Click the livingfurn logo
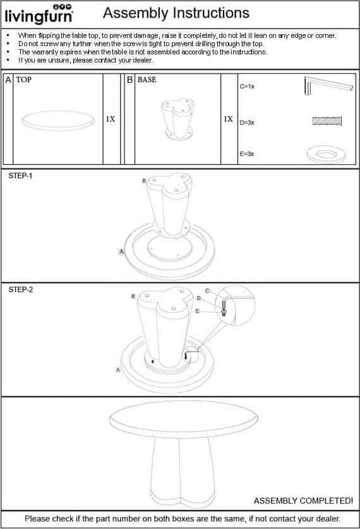[39, 14]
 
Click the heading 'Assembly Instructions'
[176, 13]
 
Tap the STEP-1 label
[20, 176]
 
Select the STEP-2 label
[21, 289]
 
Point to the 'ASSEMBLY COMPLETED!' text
[303, 501]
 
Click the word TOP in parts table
[23, 80]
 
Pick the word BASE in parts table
[147, 80]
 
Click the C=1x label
[247, 87]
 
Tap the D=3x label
[247, 123]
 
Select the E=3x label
[247, 154]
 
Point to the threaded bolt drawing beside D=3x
[327, 121]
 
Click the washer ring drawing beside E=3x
[327, 159]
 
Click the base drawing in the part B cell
[177, 119]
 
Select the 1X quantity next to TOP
[111, 119]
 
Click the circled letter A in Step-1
[121, 252]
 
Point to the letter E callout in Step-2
[198, 311]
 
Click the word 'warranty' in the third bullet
[45, 52]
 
